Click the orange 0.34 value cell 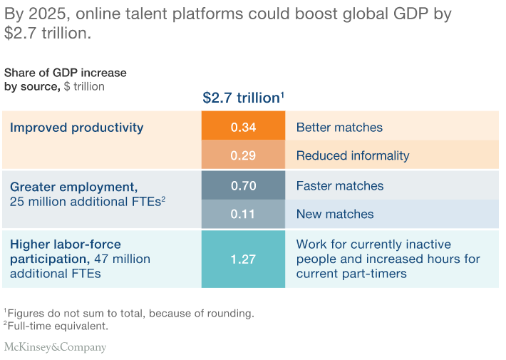[x=243, y=125]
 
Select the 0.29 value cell [x=243, y=154]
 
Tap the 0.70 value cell [x=243, y=185]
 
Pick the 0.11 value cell [x=243, y=214]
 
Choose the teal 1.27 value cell [x=243, y=259]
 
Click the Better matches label [x=339, y=127]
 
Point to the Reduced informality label [x=353, y=155]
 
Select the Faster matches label [x=340, y=185]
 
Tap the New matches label [x=335, y=214]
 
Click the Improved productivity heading [x=77, y=128]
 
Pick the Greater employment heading [x=74, y=187]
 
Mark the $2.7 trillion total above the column [x=243, y=98]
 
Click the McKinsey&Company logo [x=55, y=347]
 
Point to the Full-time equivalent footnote [x=56, y=326]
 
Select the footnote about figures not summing [x=129, y=313]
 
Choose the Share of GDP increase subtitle [x=65, y=73]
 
